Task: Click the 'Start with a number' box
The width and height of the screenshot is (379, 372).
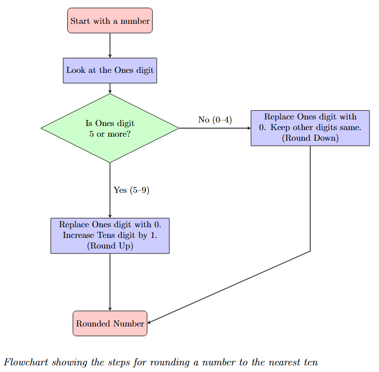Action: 110,21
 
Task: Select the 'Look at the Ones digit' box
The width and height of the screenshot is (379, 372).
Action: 110,70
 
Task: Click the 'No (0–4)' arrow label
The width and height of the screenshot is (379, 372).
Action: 215,120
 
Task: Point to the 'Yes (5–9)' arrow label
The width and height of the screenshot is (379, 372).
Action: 132,190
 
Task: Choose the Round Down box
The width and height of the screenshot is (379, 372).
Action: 310,128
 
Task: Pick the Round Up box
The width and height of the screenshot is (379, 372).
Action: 110,235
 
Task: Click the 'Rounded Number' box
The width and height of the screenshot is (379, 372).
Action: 110,323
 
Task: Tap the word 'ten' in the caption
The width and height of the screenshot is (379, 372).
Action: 310,362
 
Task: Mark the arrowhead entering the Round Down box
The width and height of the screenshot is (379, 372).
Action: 248,128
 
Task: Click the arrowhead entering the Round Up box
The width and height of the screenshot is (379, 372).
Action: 110,216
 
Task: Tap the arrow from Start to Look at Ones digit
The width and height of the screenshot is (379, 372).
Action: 110,46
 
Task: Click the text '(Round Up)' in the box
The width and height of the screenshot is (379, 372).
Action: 110,246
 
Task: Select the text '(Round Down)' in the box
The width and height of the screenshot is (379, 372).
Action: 310,138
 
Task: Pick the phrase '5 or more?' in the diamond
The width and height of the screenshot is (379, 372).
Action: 110,134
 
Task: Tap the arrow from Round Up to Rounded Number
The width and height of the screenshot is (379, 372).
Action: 110,281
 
